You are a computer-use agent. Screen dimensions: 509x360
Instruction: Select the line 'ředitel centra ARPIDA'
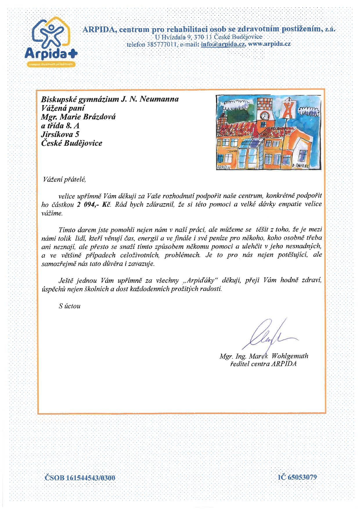[x=263, y=364]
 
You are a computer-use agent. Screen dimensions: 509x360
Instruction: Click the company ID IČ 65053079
[x=297, y=477]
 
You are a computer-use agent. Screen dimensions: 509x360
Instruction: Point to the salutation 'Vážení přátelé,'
[x=64, y=179]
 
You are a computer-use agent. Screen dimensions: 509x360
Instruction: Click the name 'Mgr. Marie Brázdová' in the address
[x=78, y=117]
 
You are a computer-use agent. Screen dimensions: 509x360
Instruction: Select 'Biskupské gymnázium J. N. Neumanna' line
[x=110, y=99]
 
